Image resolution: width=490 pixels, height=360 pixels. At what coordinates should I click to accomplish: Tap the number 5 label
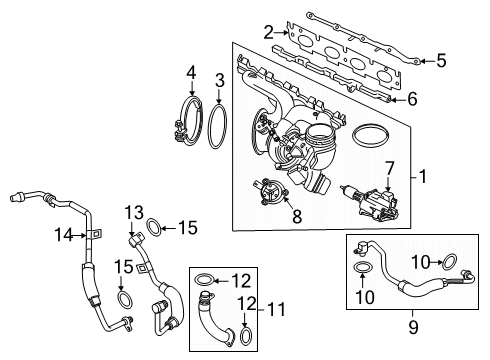[x=441, y=61]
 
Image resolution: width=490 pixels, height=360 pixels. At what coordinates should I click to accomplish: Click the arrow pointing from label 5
[x=425, y=61]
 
